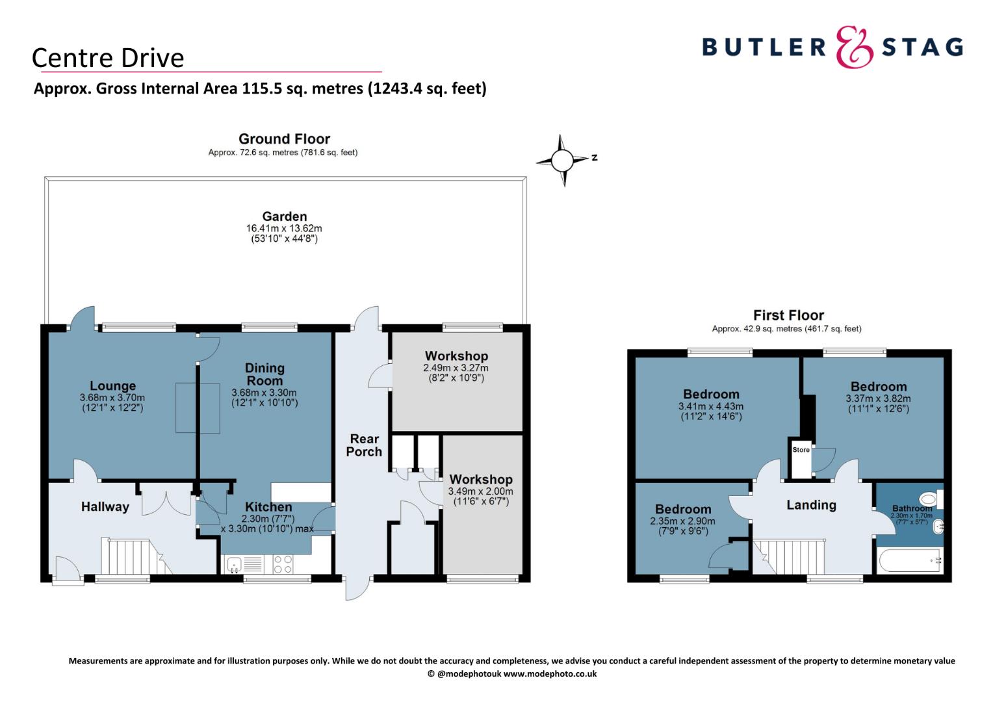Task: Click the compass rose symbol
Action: (x=562, y=160)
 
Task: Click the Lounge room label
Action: (x=112, y=386)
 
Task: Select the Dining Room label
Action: (x=264, y=374)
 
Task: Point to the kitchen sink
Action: (x=234, y=565)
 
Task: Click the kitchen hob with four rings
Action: (x=283, y=564)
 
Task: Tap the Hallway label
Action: (x=105, y=506)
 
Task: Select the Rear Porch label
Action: (x=364, y=445)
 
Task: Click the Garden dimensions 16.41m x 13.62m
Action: (x=284, y=228)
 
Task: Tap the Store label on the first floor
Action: (x=801, y=450)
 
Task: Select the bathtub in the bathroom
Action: (x=910, y=560)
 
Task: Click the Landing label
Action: (x=811, y=504)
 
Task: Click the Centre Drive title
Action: (x=108, y=58)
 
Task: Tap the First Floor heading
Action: (x=789, y=315)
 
